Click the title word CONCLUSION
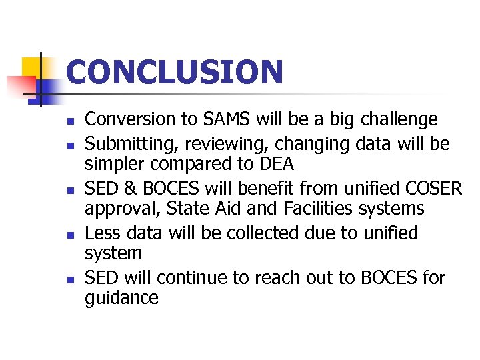pos(175,72)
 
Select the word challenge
pos(399,120)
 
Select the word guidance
pos(121,298)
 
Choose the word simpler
pos(113,164)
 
